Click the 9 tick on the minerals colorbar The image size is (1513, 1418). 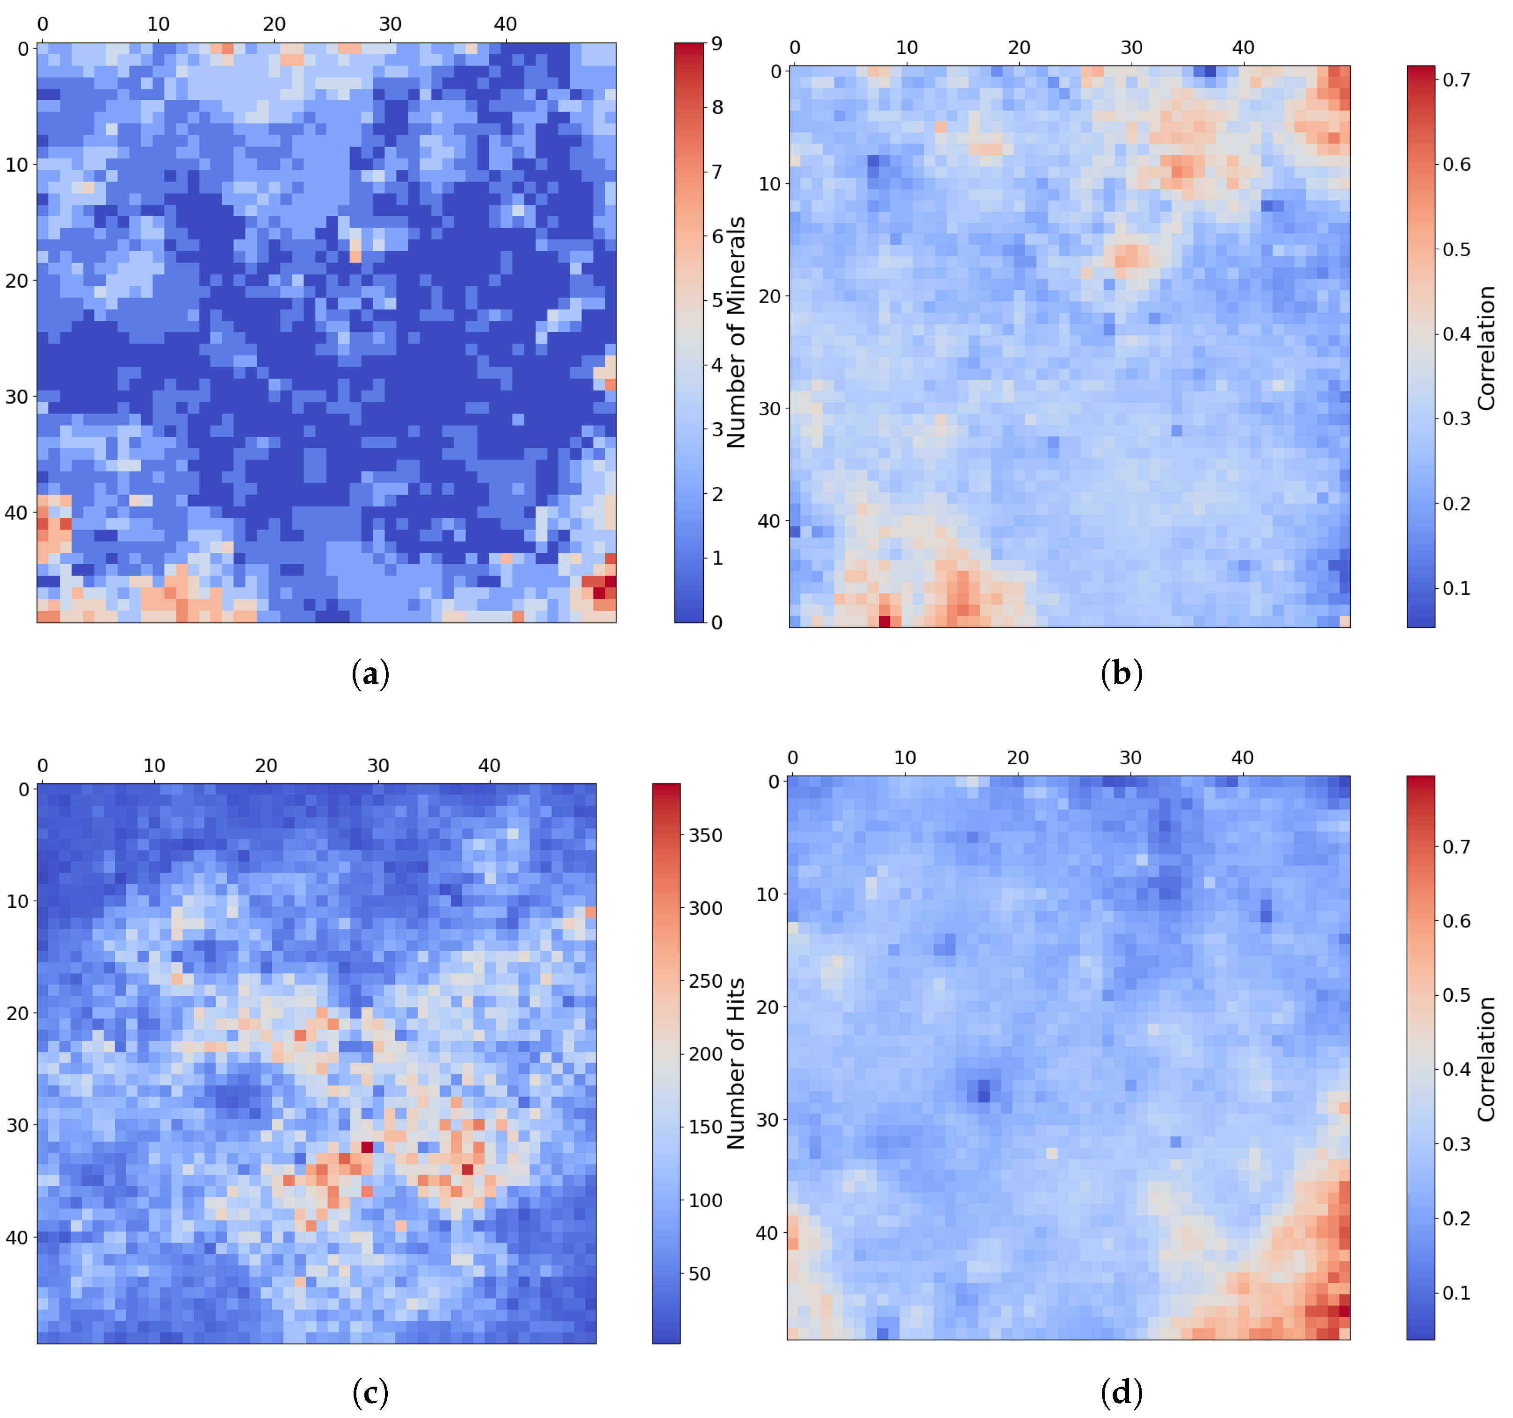717,43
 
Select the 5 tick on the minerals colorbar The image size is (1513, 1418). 717,301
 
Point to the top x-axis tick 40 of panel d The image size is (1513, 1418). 1243,758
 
